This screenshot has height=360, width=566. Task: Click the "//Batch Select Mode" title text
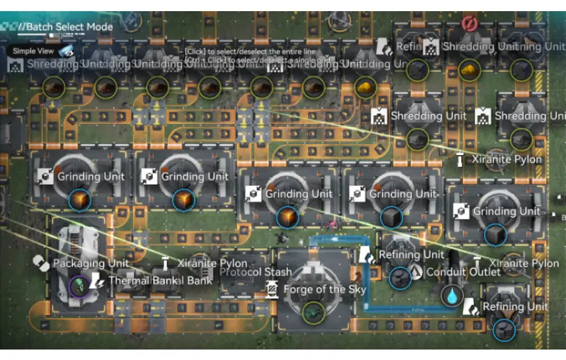[x=65, y=27]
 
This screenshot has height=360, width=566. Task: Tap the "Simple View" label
[x=33, y=51]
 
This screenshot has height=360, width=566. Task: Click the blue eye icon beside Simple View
[x=66, y=50]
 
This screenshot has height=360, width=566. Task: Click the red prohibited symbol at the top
[x=468, y=24]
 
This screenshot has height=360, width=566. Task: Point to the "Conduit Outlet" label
[x=463, y=272]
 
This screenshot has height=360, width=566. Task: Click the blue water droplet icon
[x=451, y=296]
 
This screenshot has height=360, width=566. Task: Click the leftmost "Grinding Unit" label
[x=90, y=177]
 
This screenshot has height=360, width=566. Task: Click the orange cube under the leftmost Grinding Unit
[x=79, y=200]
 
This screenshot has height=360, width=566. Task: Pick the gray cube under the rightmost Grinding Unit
[x=495, y=234]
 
